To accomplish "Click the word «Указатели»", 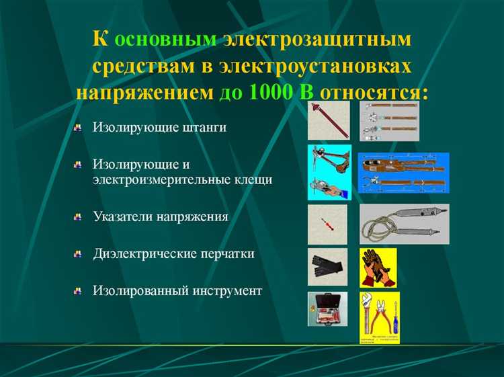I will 122,216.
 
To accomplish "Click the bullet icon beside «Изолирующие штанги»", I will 79,127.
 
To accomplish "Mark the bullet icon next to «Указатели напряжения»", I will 79,216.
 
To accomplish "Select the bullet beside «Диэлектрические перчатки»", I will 79,253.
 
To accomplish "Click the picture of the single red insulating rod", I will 328,121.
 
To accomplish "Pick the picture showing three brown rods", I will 388,122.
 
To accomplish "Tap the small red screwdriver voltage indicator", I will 327,224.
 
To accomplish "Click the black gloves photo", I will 327,267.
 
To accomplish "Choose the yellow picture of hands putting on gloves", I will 378,267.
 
